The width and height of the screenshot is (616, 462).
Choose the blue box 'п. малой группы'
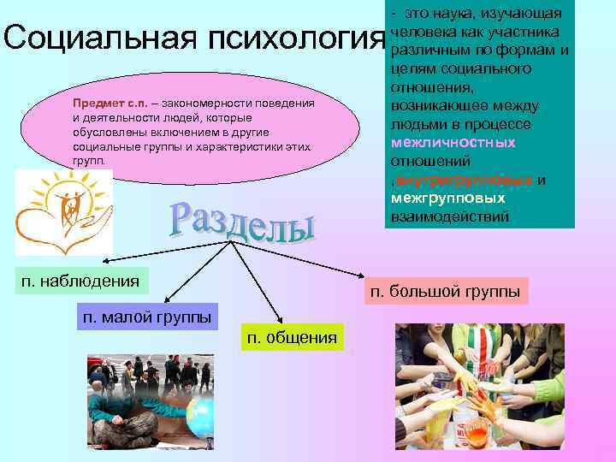coord(147,317)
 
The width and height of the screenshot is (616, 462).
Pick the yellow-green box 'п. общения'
coord(292,337)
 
